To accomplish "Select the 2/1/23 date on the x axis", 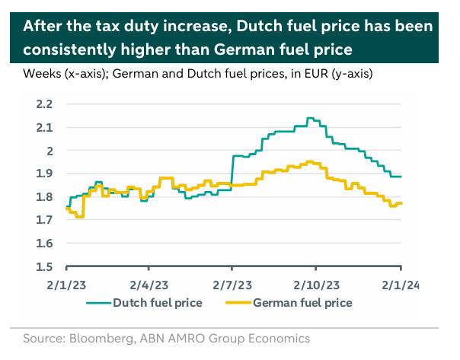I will click(x=67, y=285).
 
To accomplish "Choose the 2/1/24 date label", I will click(x=401, y=285).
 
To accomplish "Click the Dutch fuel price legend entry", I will click(x=157, y=303).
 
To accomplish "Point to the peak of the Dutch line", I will click(x=309, y=119).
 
